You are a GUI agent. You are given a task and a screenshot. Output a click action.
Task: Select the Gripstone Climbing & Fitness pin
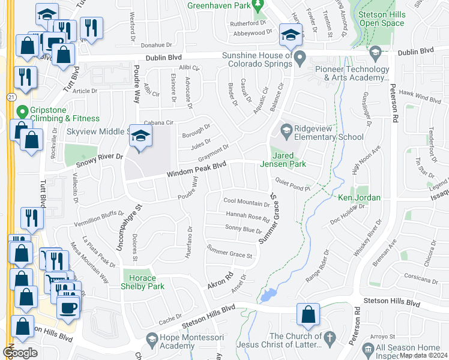(x=23, y=112)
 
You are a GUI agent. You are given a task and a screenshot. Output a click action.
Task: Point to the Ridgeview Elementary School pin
(x=286, y=130)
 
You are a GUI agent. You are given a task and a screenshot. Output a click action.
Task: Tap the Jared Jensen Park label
(x=283, y=159)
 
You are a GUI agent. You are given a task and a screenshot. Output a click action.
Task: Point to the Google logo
(x=20, y=353)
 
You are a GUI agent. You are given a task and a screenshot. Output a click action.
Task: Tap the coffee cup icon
(x=67, y=308)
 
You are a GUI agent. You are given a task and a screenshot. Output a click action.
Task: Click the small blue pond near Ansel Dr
(x=267, y=295)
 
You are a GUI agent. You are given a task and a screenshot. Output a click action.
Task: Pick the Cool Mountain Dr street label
(x=246, y=203)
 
